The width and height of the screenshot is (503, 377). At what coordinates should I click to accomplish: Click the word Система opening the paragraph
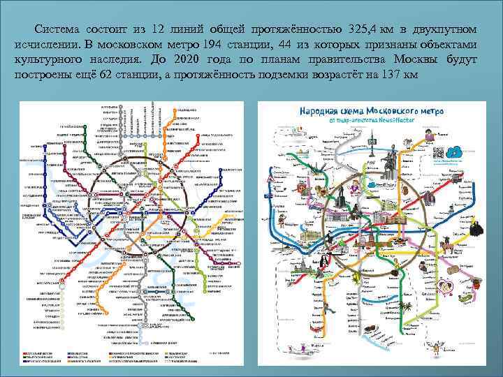tap(60, 29)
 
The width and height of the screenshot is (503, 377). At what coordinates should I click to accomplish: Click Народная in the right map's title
tap(321, 112)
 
